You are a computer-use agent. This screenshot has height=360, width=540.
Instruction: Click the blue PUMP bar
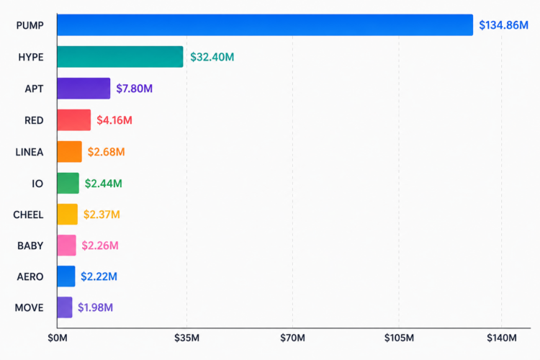[x=265, y=24]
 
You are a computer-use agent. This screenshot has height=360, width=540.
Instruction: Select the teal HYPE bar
[x=120, y=56]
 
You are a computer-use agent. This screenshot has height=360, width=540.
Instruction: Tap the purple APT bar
[x=84, y=88]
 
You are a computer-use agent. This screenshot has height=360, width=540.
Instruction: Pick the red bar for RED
[x=74, y=120]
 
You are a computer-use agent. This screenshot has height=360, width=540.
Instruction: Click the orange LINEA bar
[x=70, y=152]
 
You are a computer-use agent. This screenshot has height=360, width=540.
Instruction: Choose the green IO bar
[x=68, y=183]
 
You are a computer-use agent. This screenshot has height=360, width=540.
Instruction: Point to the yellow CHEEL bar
[x=68, y=215]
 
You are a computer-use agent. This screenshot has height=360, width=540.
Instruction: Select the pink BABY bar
[x=66, y=246]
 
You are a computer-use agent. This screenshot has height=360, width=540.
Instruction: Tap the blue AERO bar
[x=66, y=276]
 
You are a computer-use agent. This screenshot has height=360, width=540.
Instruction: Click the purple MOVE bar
[x=65, y=307]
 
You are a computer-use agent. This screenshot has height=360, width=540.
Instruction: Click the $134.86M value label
[x=503, y=25]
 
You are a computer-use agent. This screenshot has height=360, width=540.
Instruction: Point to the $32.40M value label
[x=212, y=57]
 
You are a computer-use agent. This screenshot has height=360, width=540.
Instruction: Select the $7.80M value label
[x=135, y=89]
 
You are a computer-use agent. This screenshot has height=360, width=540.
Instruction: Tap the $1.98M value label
[x=95, y=307]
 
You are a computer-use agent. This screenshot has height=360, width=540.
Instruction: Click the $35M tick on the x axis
[x=186, y=338]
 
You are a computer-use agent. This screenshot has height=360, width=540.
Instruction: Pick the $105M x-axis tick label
[x=399, y=338]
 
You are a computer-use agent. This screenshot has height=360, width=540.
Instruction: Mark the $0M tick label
[x=58, y=338]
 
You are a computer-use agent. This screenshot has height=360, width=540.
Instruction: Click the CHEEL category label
[x=28, y=215]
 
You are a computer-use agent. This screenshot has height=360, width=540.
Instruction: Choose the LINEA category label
[x=30, y=152]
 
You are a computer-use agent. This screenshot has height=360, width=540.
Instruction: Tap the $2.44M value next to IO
[x=103, y=184]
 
